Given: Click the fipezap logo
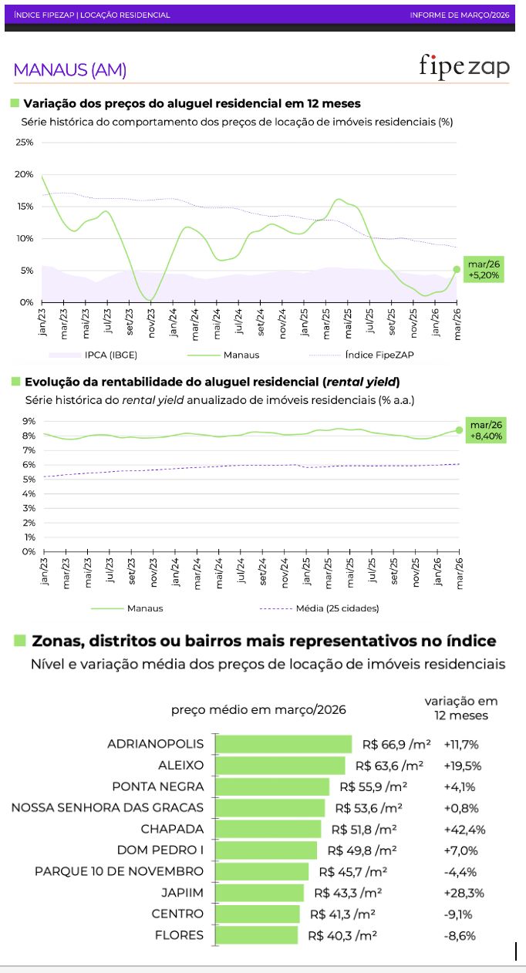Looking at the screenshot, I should [x=464, y=66].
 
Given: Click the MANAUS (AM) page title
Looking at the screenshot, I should [x=70, y=70].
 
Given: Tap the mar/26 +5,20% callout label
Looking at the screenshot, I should [x=484, y=270].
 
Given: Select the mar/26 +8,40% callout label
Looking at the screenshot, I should [x=486, y=430].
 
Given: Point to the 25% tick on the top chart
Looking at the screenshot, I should [x=24, y=143].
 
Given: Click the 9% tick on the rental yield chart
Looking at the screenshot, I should [x=29, y=421].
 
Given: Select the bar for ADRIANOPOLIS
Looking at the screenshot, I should [x=283, y=744].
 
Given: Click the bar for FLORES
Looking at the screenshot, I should [x=256, y=935].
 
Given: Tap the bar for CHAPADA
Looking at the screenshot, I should [x=268, y=829].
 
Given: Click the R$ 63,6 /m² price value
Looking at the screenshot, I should [x=389, y=766].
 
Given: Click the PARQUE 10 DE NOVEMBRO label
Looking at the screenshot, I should [x=120, y=871].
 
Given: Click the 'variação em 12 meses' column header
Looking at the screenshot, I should [x=461, y=708].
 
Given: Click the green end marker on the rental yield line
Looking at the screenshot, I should [x=460, y=430].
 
